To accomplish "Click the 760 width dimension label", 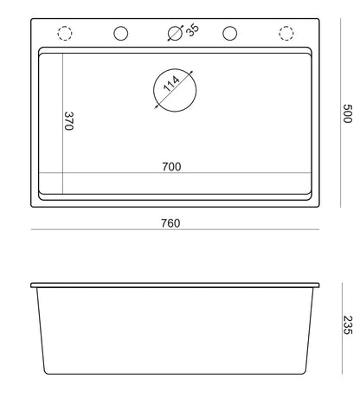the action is tap(170, 223).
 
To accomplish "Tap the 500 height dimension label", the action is tap(347, 113).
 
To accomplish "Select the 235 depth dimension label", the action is tap(348, 325).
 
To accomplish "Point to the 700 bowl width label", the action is tap(171, 167).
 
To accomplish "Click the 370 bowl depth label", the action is tap(69, 121).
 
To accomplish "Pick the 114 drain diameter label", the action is tap(171, 84).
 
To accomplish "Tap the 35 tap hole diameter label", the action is tap(192, 29).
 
